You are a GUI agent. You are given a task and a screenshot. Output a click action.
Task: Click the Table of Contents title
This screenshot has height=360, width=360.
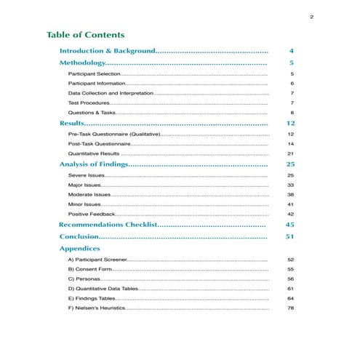tap(85, 35)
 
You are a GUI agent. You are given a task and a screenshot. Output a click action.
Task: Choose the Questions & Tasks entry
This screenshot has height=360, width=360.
tap(92, 113)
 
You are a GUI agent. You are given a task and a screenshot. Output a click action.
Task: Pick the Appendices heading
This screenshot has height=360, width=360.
tap(80, 248)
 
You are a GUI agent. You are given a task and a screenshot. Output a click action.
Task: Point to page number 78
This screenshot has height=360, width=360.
tap(291, 308)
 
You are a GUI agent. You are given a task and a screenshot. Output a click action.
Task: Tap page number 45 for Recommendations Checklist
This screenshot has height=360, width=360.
tap(290, 225)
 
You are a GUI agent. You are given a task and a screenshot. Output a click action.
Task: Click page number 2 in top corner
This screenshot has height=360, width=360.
tap(311, 17)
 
